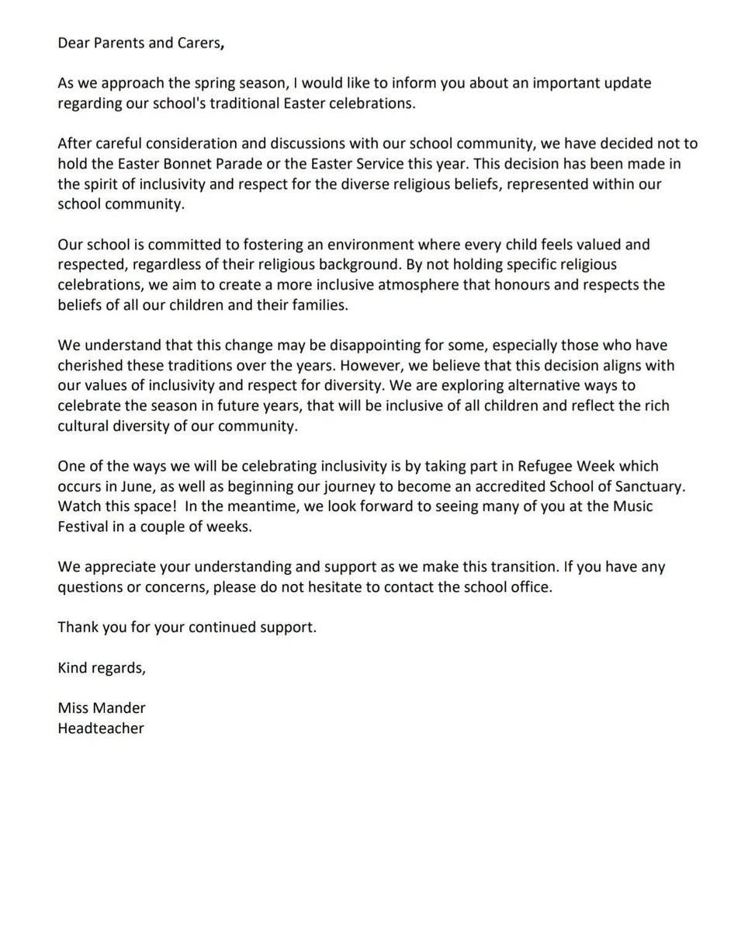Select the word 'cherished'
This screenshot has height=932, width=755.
[88, 366]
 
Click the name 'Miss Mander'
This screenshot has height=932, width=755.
[101, 708]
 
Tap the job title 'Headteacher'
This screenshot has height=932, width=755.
[100, 728]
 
